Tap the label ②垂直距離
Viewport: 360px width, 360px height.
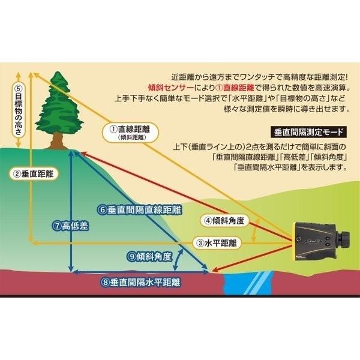click(x=34, y=174)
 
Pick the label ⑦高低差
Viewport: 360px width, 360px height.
click(x=71, y=226)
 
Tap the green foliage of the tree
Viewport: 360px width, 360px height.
click(x=59, y=105)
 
